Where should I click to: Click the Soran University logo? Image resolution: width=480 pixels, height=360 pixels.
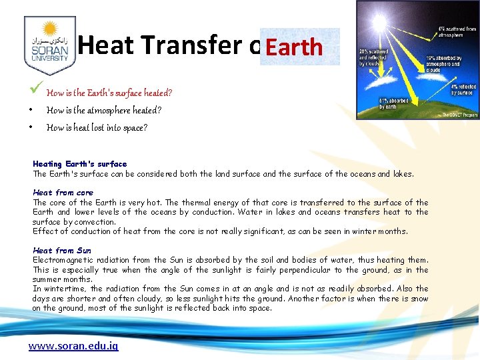49,45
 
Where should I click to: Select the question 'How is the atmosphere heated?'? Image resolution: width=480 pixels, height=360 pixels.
103,110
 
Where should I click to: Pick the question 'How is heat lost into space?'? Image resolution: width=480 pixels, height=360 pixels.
97,127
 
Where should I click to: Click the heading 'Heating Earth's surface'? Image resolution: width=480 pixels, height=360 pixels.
79,164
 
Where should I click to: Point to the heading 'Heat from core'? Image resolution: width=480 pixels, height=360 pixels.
63,193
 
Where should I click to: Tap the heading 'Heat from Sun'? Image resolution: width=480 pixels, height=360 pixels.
61,251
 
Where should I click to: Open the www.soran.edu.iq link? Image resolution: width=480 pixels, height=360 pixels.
73,347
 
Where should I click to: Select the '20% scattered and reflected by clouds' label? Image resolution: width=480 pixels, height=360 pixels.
373,57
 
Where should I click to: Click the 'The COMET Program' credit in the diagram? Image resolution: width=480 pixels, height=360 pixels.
459,114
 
